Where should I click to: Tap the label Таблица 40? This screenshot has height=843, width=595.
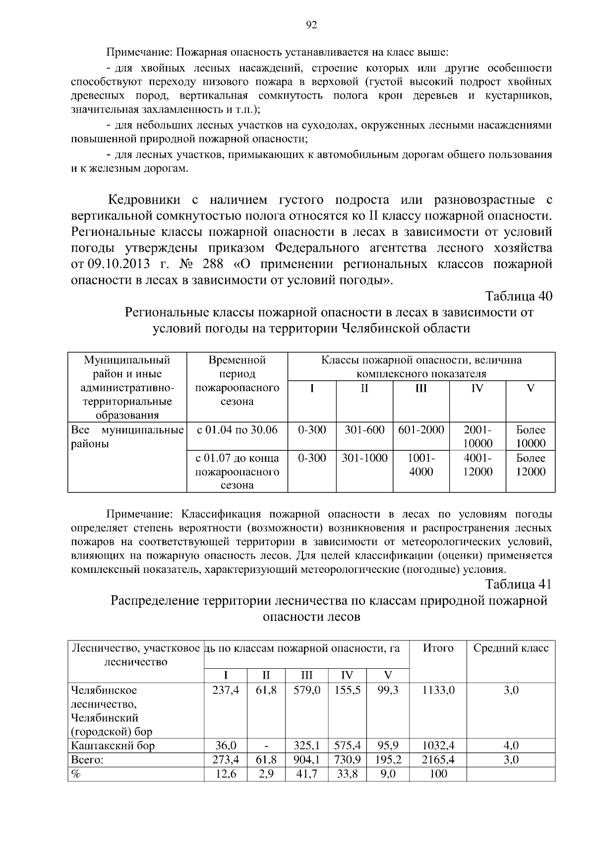[518, 296]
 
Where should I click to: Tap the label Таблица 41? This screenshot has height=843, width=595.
[518, 584]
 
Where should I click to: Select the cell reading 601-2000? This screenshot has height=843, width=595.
[421, 430]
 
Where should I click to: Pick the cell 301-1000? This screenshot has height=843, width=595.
[364, 458]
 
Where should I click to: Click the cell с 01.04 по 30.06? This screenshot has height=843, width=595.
[237, 430]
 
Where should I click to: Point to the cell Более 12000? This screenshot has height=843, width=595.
[530, 465]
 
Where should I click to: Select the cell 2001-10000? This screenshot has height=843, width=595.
[477, 436]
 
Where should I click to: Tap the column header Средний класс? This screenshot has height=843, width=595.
[511, 648]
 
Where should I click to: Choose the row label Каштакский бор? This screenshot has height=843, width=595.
[113, 746]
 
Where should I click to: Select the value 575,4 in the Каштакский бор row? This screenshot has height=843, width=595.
[347, 746]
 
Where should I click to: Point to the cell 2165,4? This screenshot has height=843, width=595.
[438, 760]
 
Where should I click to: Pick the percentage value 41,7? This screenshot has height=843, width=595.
[306, 773]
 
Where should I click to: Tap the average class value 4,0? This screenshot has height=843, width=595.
[511, 746]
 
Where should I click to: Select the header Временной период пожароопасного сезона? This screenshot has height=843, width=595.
[237, 380]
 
